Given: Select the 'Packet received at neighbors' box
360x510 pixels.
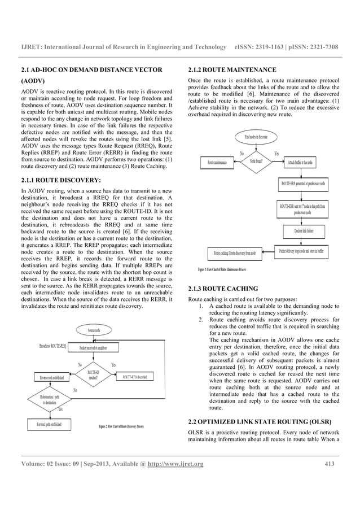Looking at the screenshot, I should coord(94,347).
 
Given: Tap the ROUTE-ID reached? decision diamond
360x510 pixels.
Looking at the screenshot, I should coord(94,375).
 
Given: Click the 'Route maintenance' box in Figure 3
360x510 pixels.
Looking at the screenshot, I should coord(217,163).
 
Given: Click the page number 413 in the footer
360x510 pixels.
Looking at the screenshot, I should coord(330,465).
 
